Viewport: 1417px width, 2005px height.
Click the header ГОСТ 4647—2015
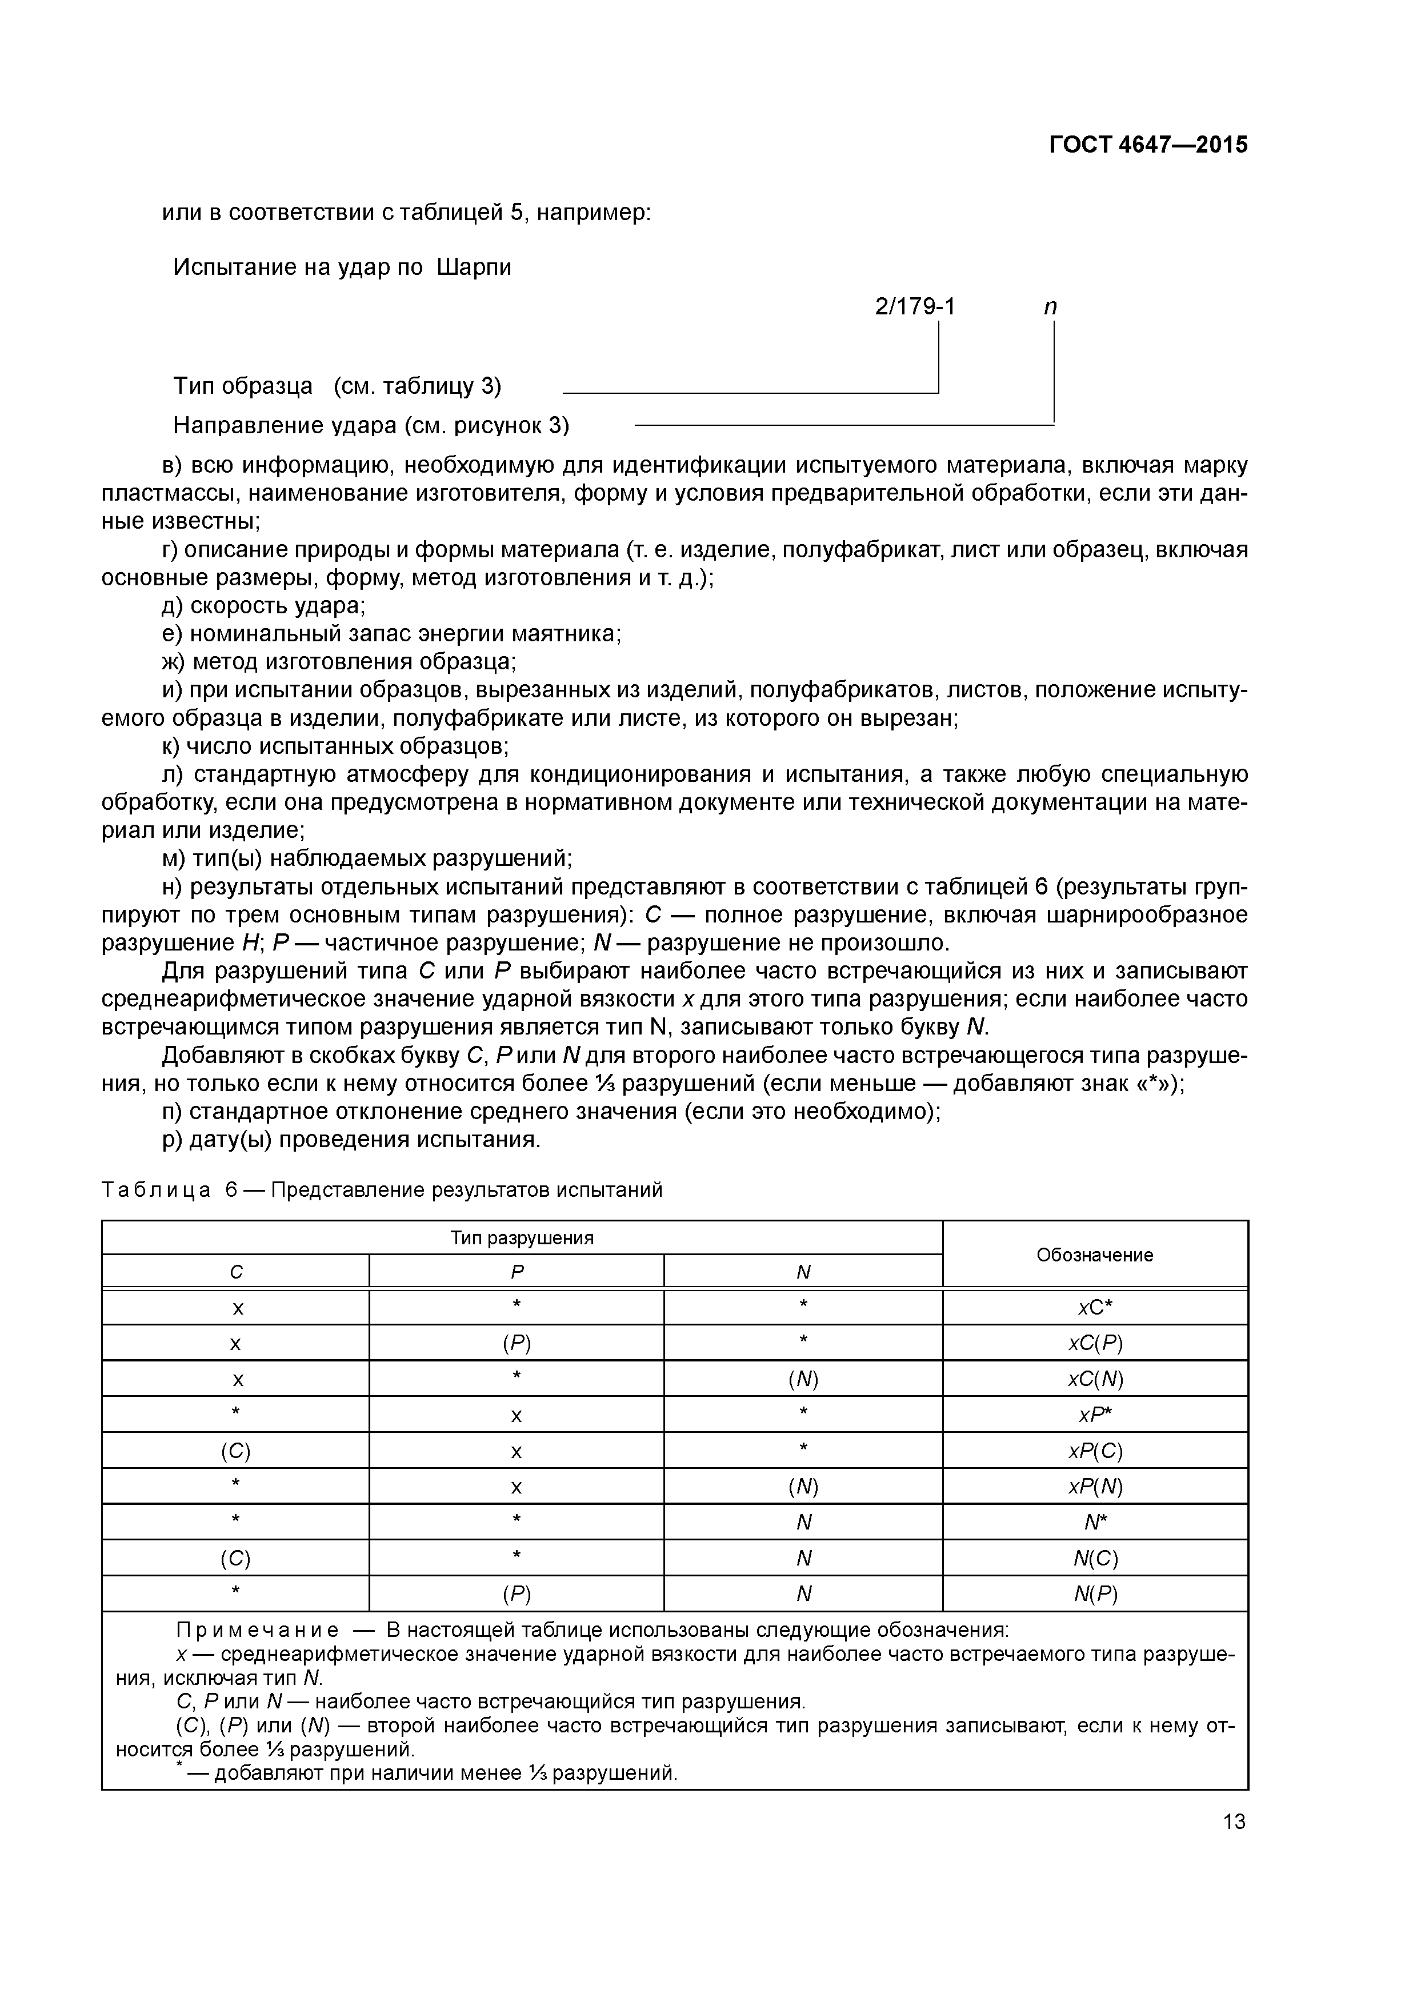coord(1147,145)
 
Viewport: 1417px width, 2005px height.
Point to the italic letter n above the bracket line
coord(1050,307)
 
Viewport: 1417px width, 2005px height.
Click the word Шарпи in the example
coord(473,267)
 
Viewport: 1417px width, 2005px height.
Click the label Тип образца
coord(243,386)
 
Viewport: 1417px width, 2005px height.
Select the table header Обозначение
coord(1095,1255)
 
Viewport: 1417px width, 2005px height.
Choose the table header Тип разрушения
coord(522,1239)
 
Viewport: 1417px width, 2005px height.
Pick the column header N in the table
coord(803,1272)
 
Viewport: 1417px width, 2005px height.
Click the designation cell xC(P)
coord(1095,1343)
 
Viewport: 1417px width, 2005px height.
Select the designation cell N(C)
coord(1095,1558)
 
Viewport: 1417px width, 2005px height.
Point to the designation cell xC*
coord(1095,1307)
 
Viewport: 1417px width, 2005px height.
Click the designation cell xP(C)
coord(1095,1451)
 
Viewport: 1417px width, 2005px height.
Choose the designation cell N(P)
coord(1095,1595)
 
